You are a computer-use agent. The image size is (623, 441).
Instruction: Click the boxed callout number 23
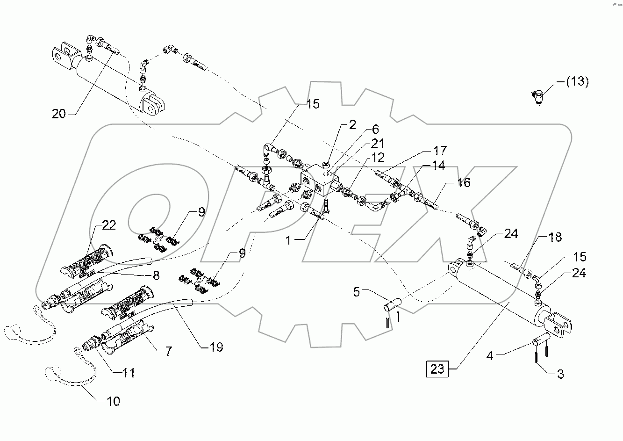click(x=437, y=369)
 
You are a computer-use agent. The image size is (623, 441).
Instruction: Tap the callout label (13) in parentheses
click(x=577, y=81)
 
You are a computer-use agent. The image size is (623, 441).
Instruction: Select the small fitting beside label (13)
click(x=537, y=96)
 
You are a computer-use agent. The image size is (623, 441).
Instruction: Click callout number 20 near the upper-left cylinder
click(x=59, y=113)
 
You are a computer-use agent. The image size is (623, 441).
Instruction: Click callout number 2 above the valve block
click(x=352, y=124)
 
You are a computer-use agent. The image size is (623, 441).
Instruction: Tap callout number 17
click(x=440, y=151)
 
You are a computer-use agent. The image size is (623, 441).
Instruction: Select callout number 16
click(x=464, y=182)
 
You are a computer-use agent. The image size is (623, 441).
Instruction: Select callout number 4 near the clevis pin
click(x=490, y=355)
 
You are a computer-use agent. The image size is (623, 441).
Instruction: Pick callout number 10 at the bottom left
click(x=114, y=401)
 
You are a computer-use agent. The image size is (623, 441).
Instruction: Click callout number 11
click(x=129, y=372)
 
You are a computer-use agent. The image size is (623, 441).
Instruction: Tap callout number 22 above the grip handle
click(x=108, y=225)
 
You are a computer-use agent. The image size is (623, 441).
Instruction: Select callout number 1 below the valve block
click(x=288, y=240)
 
